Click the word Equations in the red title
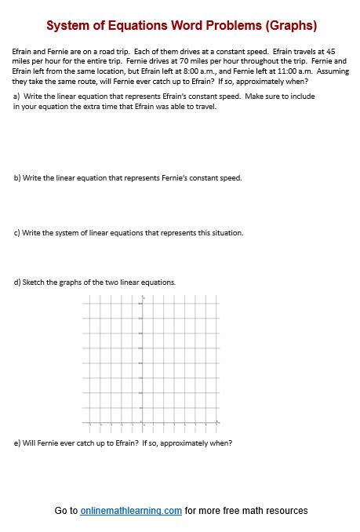pos(136,26)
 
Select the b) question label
pos(17,178)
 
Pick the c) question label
pos(17,233)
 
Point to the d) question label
pos(17,282)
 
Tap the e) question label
pos(17,443)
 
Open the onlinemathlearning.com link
pos(131,511)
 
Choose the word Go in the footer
pos(61,511)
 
